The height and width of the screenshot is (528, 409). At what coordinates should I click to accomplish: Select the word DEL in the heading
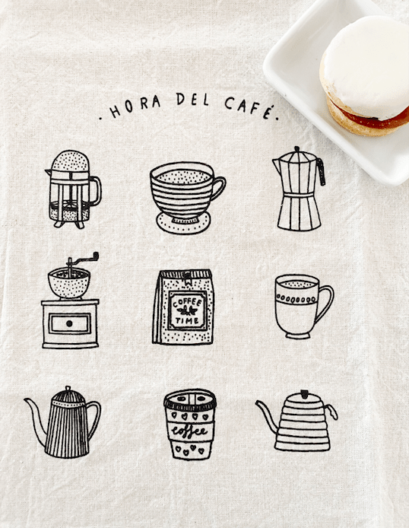tap(193, 100)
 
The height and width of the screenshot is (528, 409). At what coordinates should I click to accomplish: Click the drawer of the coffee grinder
tap(69, 323)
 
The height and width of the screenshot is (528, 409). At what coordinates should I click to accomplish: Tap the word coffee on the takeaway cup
tap(189, 431)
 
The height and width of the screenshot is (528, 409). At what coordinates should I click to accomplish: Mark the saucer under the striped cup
tap(182, 223)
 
